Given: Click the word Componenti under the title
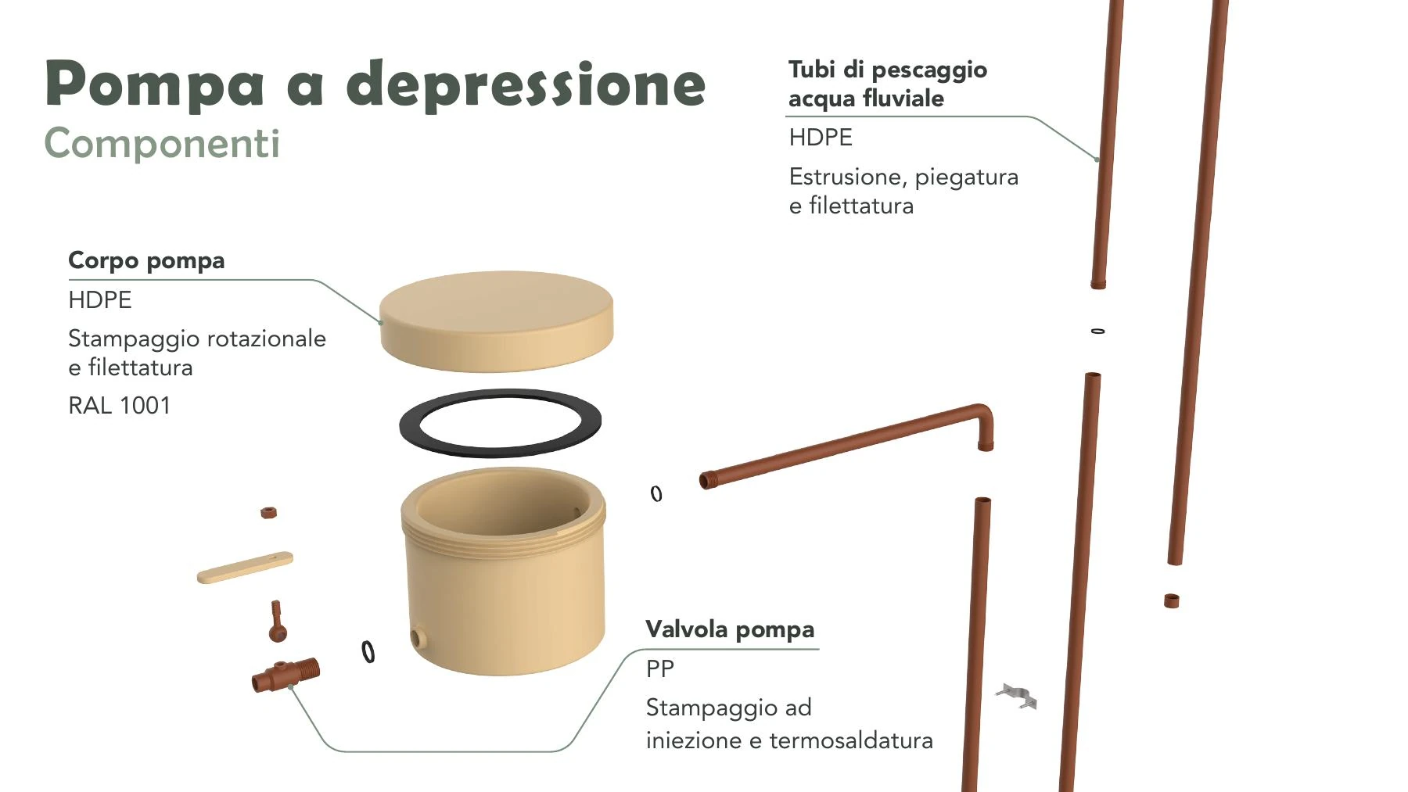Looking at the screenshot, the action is coord(162,143).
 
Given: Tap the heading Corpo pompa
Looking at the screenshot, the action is coord(146,260).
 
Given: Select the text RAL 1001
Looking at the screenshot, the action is coord(119,405).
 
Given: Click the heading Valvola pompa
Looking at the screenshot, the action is coord(730,629).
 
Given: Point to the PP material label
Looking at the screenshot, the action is coord(659,668).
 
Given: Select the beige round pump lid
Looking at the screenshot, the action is coord(496,321).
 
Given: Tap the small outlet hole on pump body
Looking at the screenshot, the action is coord(418,637).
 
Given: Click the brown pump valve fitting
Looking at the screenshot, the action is coord(286,674).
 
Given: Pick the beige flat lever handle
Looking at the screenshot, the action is coord(245,568).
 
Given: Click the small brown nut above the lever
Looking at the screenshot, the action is coord(268,513).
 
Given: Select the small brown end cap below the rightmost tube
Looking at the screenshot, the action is coord(1171,600).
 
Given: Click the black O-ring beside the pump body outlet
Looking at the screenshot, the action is coord(368,651).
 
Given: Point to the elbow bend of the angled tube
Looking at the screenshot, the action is coord(984,414).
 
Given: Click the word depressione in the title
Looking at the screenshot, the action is coord(526,84).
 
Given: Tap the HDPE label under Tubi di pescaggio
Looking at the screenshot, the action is coord(821,138).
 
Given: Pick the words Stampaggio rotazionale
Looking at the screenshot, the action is coord(197,339).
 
